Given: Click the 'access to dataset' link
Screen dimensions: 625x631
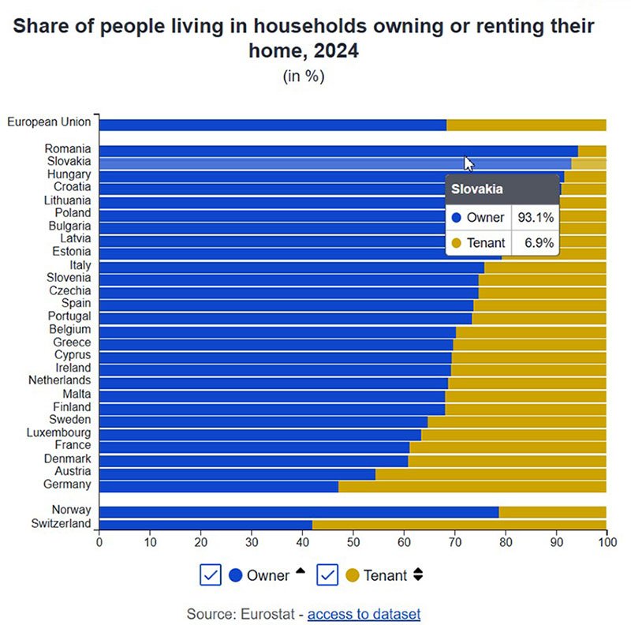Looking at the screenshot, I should [x=364, y=614].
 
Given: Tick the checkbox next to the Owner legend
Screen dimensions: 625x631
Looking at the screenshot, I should [x=211, y=575].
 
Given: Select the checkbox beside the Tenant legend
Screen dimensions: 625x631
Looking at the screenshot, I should [x=327, y=575].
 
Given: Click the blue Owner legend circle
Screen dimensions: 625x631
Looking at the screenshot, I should [x=235, y=575].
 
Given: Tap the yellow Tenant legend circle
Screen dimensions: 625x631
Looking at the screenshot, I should [x=352, y=575].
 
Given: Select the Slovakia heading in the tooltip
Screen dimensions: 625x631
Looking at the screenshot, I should [x=477, y=190].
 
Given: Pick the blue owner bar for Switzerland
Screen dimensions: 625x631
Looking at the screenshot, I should [x=205, y=524].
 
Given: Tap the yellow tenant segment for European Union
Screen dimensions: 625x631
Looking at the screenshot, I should [x=526, y=125].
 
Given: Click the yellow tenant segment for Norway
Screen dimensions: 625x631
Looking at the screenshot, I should [x=552, y=511].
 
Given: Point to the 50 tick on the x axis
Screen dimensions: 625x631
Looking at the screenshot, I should [x=353, y=543].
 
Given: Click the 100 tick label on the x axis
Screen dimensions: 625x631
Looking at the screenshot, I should [x=606, y=543].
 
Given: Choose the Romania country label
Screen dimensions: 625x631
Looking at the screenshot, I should [x=68, y=148].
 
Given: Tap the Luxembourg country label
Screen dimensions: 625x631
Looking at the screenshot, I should [x=58, y=432].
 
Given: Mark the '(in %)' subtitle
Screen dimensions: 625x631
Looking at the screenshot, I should [x=304, y=77].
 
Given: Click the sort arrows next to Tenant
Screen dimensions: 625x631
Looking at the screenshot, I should [x=418, y=575].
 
